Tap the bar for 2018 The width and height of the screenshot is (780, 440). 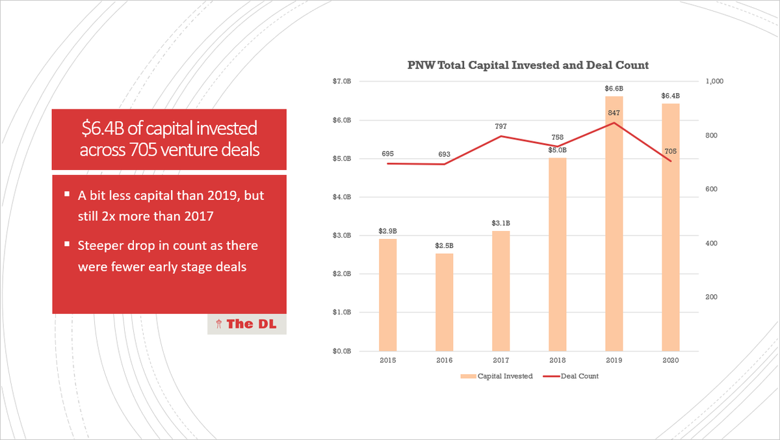[558, 254]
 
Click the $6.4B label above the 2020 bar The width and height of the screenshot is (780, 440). [671, 96]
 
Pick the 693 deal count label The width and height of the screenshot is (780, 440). [445, 154]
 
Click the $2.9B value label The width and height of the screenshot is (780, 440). [388, 231]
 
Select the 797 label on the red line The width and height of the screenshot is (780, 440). [501, 126]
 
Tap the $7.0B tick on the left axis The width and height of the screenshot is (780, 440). [342, 81]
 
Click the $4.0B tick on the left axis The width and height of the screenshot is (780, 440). [342, 197]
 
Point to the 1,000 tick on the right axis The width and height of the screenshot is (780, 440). [714, 81]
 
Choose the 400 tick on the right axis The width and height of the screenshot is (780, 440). [710, 243]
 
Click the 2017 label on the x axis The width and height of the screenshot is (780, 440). [501, 360]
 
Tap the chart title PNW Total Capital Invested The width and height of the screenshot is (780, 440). [528, 65]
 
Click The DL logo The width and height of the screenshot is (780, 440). [247, 323]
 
